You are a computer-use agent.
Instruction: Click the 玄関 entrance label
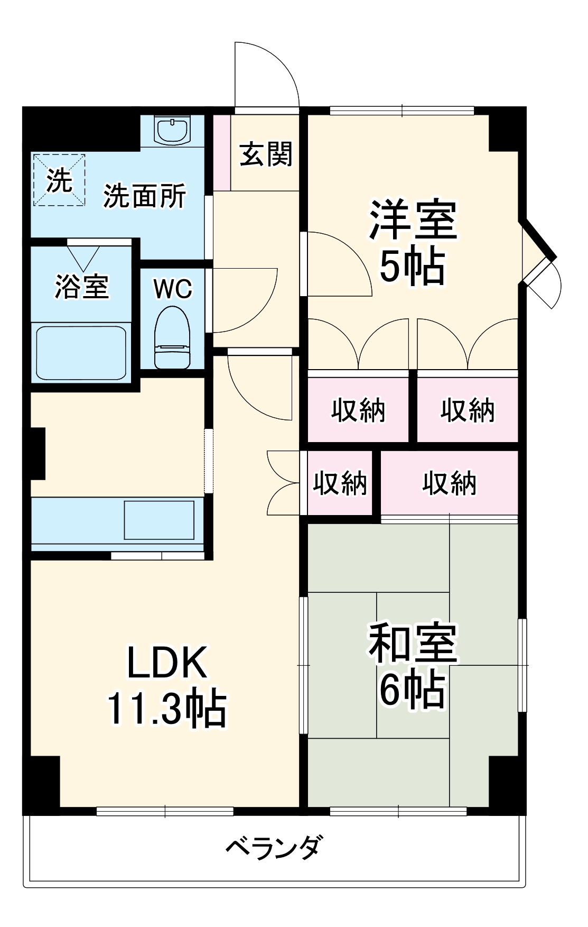click(266, 154)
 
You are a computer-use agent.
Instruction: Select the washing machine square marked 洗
click(59, 180)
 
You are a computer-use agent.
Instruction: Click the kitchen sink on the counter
click(159, 519)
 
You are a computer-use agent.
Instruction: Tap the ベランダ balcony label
click(273, 848)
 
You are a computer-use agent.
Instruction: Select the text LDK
click(167, 663)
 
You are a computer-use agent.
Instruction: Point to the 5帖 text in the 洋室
click(412, 267)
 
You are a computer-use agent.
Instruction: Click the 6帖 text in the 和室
click(412, 690)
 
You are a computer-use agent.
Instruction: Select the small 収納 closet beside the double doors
click(340, 483)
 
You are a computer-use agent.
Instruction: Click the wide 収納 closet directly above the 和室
click(449, 483)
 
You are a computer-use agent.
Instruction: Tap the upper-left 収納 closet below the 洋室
click(358, 410)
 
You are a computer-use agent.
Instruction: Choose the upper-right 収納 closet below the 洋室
click(468, 410)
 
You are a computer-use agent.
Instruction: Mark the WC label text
click(173, 289)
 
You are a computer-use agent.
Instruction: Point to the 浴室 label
click(81, 287)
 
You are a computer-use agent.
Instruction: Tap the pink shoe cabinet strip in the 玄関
click(222, 152)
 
